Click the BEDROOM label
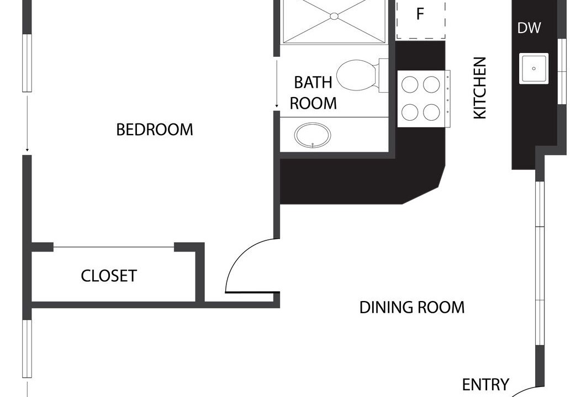click(154, 130)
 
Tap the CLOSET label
click(109, 276)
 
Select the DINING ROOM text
click(412, 308)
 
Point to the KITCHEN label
click(480, 88)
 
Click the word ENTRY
click(485, 384)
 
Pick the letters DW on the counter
click(529, 28)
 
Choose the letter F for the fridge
click(420, 14)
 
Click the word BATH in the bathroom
click(313, 82)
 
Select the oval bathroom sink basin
click(312, 136)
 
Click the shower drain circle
click(334, 16)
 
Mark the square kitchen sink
click(534, 68)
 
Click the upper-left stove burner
click(410, 84)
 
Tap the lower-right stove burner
click(431, 112)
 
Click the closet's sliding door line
click(114, 247)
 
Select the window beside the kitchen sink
click(562, 71)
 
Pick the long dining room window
click(540, 264)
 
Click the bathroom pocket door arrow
click(277, 83)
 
